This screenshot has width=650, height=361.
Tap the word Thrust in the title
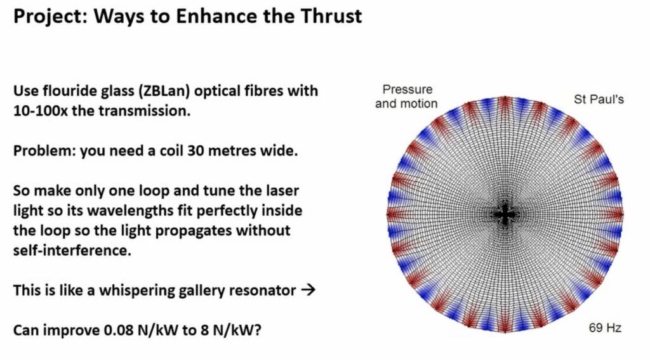[330, 15]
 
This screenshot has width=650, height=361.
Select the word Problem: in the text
[43, 153]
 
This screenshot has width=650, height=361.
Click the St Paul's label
[599, 100]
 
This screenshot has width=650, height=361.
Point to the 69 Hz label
[604, 328]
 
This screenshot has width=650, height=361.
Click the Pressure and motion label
[407, 96]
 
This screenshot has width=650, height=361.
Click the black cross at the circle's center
[505, 214]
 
